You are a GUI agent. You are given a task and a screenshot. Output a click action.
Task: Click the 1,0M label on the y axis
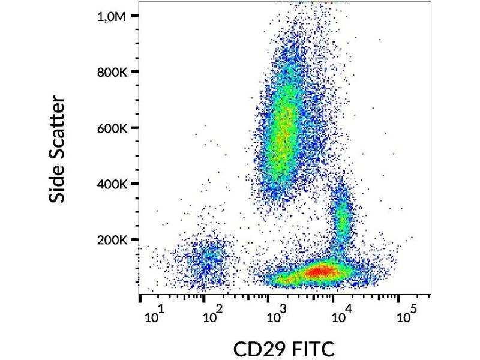click(x=112, y=16)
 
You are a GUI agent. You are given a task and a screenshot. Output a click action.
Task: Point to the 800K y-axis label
click(x=112, y=72)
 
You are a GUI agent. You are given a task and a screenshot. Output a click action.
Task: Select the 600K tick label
click(x=112, y=128)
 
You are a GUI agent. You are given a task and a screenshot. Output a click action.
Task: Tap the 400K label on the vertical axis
click(x=112, y=184)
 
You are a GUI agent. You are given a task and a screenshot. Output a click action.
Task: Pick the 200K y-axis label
click(x=112, y=239)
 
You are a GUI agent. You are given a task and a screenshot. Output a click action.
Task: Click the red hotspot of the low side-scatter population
click(x=318, y=271)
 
